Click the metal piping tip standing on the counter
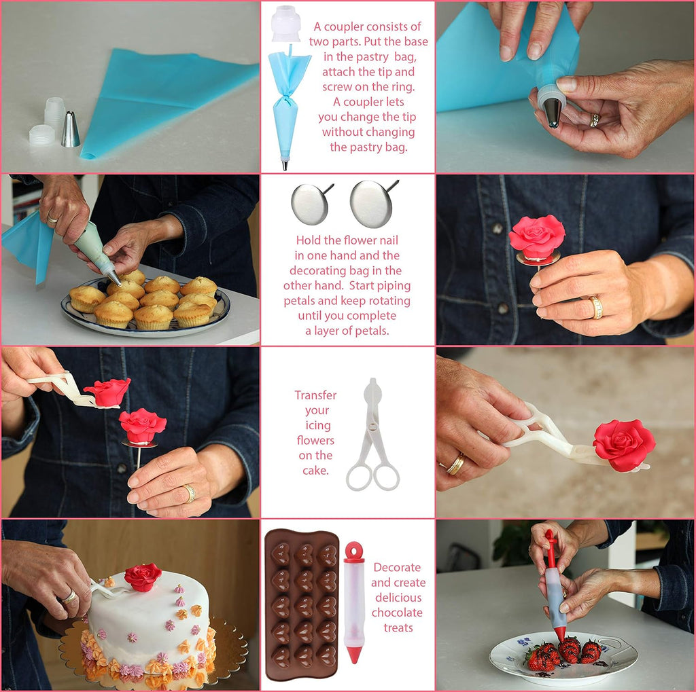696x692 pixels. (x=71, y=130)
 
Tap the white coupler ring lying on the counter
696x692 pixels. (x=41, y=135)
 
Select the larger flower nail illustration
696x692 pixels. (x=374, y=203)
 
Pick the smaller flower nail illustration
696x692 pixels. (x=311, y=204)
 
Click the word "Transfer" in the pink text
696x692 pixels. (x=315, y=395)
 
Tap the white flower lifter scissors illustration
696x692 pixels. (x=373, y=435)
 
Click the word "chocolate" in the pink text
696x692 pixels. (x=397, y=613)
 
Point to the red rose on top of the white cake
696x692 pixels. (x=143, y=577)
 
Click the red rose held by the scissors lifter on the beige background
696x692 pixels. (x=624, y=445)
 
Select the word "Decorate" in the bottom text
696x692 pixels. (x=397, y=567)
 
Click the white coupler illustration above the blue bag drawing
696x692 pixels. (x=286, y=24)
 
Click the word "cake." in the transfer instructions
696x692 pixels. (x=315, y=470)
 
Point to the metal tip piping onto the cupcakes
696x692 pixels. (x=114, y=277)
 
